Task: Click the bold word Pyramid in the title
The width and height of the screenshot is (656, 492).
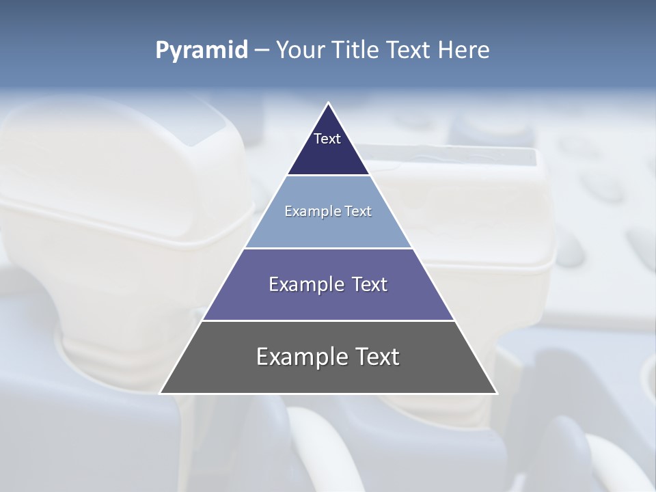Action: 202,51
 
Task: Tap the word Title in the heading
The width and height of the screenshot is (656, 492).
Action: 355,51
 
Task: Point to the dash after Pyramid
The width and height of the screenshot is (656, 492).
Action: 261,51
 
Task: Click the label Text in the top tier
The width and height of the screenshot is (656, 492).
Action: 327,139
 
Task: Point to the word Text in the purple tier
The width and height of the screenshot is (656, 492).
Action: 369,284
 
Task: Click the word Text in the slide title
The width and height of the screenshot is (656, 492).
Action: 409,51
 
